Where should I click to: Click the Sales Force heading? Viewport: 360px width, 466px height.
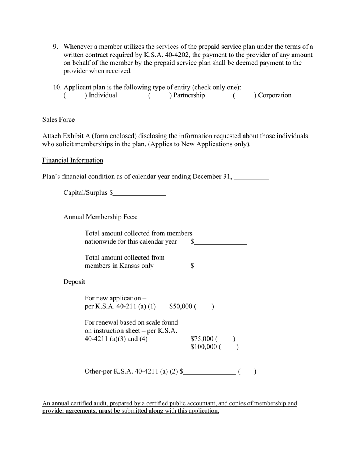coord(58,120)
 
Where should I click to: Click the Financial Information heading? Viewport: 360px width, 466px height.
coord(73,160)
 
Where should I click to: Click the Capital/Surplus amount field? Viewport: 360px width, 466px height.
coord(139,193)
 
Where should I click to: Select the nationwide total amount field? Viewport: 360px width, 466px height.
coord(220,242)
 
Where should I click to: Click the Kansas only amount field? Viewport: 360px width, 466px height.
coord(220,266)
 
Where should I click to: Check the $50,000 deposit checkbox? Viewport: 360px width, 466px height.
coord(204,306)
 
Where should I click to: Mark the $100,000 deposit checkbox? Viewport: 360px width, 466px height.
coord(229,347)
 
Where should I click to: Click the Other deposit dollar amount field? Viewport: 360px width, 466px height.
coord(210,372)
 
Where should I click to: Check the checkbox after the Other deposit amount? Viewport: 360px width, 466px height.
coord(247,372)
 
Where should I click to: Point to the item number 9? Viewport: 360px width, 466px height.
coord(55,47)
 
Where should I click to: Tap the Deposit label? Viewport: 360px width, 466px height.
coord(74,282)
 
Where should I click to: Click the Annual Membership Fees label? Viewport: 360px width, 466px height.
coord(100,217)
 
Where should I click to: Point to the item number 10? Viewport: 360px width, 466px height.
coord(57,88)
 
